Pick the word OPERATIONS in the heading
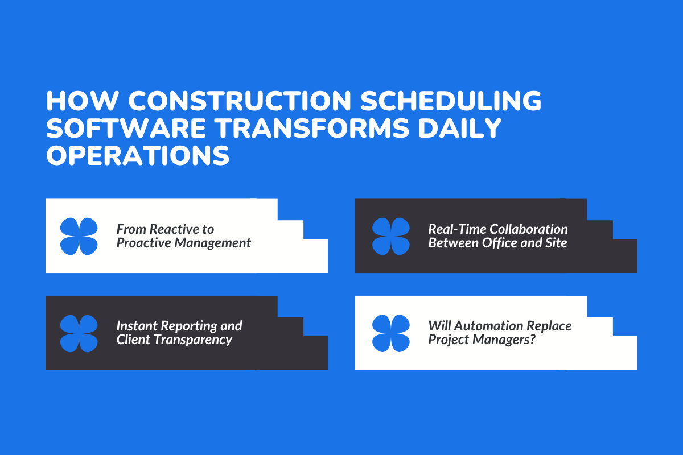[138, 155]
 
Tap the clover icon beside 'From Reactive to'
[79, 236]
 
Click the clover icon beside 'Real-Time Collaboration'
[391, 236]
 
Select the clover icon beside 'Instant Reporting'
[79, 333]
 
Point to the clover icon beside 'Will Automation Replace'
[391, 333]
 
